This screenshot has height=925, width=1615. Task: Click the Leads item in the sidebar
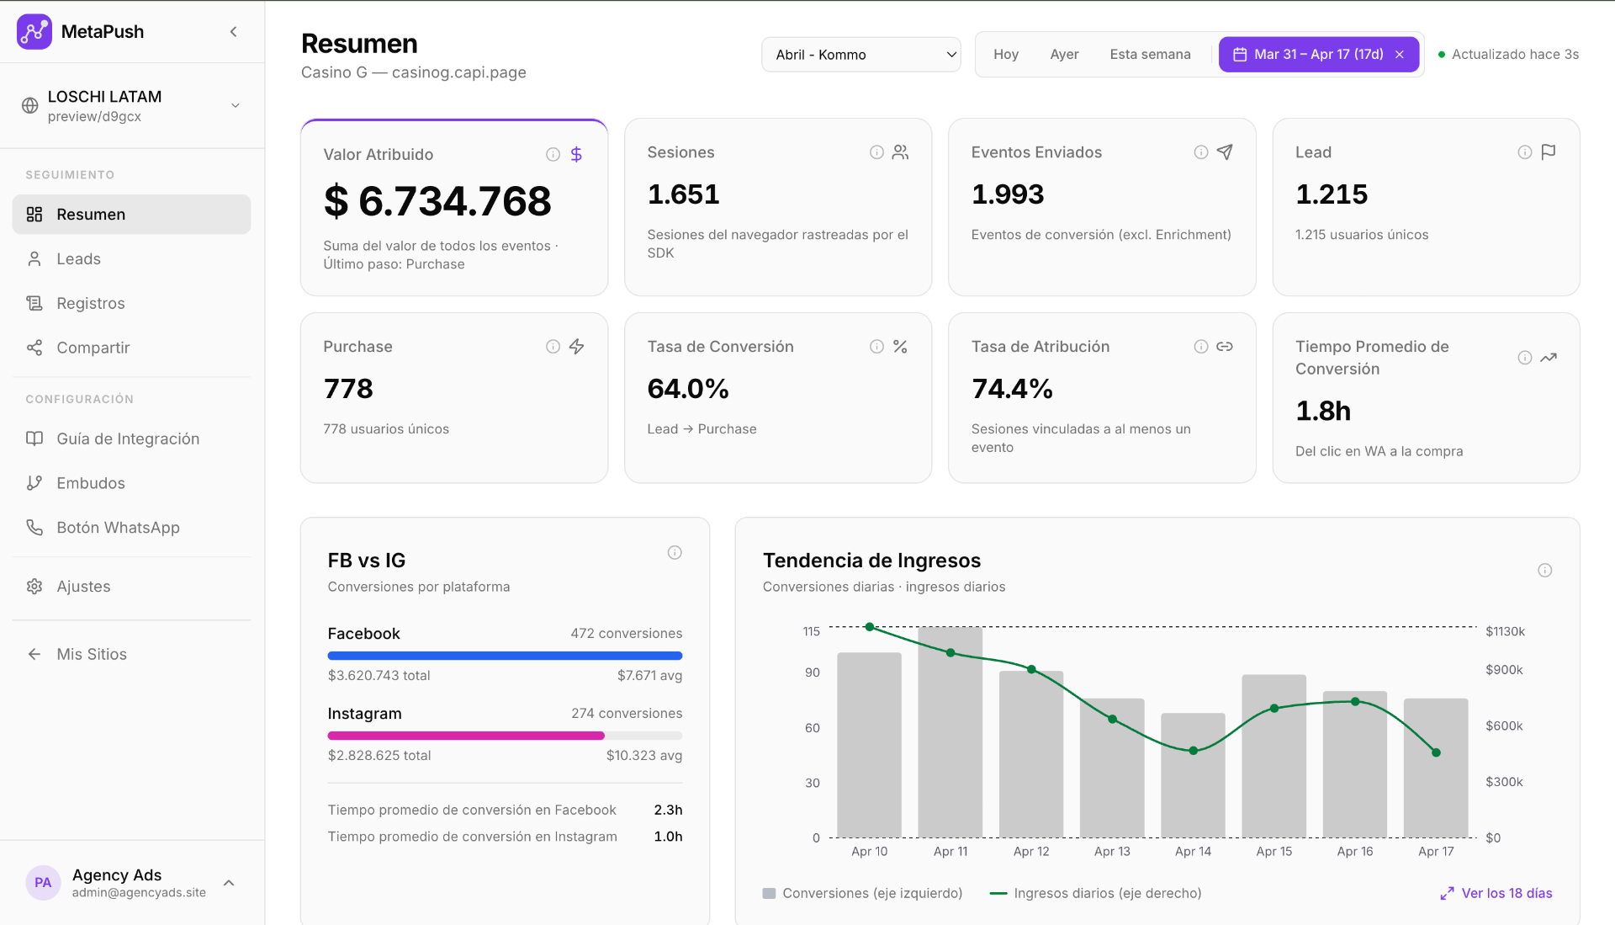[x=78, y=259]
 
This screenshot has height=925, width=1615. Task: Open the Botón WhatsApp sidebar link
[x=118, y=528]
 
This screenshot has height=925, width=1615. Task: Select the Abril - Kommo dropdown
[x=860, y=55]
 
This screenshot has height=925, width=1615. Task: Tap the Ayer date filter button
[x=1064, y=55]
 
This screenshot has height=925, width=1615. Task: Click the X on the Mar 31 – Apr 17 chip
[x=1400, y=55]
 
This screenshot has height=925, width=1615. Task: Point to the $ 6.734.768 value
[x=437, y=202]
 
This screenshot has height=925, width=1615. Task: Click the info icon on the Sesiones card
[x=876, y=152]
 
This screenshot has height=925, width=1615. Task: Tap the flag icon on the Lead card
[x=1549, y=152]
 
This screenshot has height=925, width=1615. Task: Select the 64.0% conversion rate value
[x=687, y=389]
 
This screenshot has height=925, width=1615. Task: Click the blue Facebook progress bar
[x=505, y=656]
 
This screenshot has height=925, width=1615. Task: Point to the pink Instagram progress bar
[x=466, y=736]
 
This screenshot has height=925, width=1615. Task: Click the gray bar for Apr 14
[x=1193, y=774]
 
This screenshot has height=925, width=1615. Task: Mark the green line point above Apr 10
[x=870, y=627]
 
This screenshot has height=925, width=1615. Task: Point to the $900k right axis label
[x=1504, y=670]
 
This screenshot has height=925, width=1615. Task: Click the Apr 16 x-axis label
[x=1354, y=852]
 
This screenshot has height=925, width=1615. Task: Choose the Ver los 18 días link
[x=1506, y=893]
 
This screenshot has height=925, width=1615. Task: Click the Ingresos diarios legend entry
[x=1106, y=893]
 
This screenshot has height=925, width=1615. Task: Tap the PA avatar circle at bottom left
[x=43, y=883]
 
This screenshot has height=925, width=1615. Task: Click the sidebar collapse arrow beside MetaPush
[x=234, y=32]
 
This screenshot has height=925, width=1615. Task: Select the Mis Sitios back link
[x=91, y=655]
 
